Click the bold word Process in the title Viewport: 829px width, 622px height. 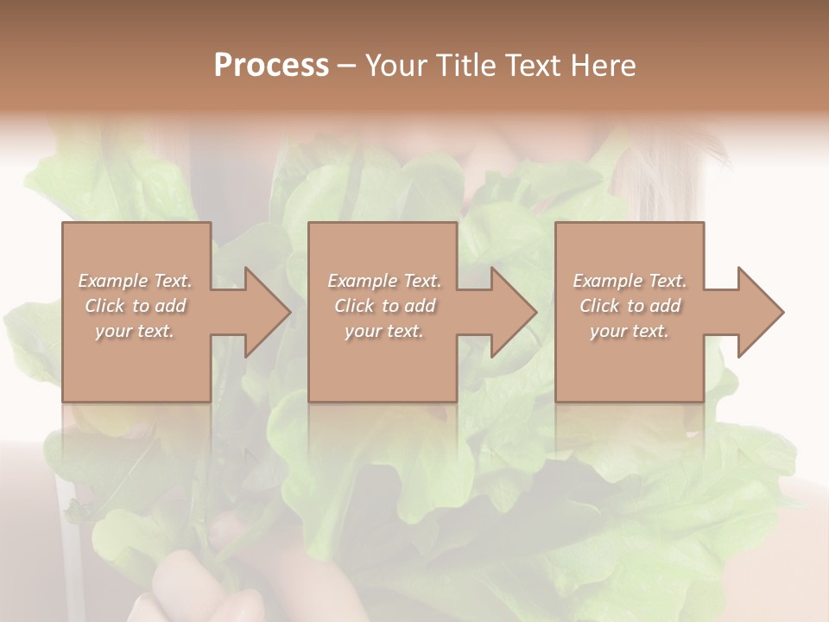pyautogui.click(x=271, y=66)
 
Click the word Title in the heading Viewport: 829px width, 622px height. pyautogui.click(x=465, y=66)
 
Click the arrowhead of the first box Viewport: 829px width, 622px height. pyautogui.click(x=267, y=312)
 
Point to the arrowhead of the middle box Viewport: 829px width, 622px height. pyautogui.click(x=514, y=312)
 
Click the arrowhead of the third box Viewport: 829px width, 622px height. pyautogui.click(x=761, y=312)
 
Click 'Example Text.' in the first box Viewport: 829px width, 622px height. pyautogui.click(x=135, y=281)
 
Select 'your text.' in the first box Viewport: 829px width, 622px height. pyautogui.click(x=135, y=331)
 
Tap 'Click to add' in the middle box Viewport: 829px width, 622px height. pyautogui.click(x=384, y=306)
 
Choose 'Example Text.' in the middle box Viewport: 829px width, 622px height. pyautogui.click(x=384, y=281)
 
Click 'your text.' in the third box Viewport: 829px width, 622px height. pyautogui.click(x=630, y=331)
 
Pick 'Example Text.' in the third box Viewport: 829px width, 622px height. pyautogui.click(x=630, y=281)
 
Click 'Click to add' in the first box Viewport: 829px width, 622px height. pyautogui.click(x=135, y=306)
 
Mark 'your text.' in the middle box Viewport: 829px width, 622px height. pyautogui.click(x=384, y=331)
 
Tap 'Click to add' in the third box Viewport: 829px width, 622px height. pyautogui.click(x=630, y=306)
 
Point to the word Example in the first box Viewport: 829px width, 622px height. pyautogui.click(x=112, y=281)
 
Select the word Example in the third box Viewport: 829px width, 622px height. pyautogui.click(x=607, y=281)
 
